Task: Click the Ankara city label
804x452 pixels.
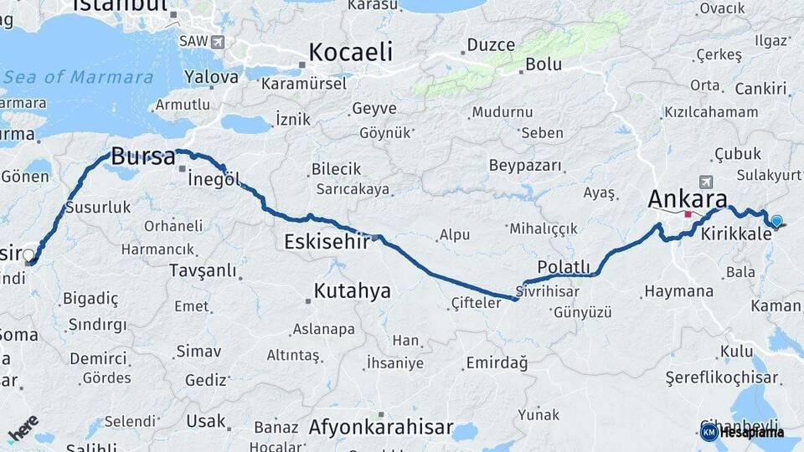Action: tap(687, 199)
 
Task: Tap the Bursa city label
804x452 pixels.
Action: tap(142, 157)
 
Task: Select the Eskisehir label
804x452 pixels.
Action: tap(327, 242)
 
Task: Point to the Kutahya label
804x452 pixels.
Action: tap(352, 290)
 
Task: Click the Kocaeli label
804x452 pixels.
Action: tap(350, 52)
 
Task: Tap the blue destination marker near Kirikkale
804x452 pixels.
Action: tap(776, 222)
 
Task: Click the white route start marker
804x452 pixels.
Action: tap(29, 254)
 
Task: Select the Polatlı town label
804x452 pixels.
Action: tap(564, 266)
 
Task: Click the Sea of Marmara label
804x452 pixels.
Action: tap(79, 77)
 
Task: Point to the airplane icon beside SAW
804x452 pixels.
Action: tap(219, 41)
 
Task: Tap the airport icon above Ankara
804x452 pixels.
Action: tap(706, 182)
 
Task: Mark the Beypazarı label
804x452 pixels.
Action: tap(525, 165)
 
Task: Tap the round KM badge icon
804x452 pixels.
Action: tap(709, 432)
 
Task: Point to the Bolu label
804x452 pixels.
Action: tap(544, 63)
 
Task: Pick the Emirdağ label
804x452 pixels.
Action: tap(497, 362)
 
